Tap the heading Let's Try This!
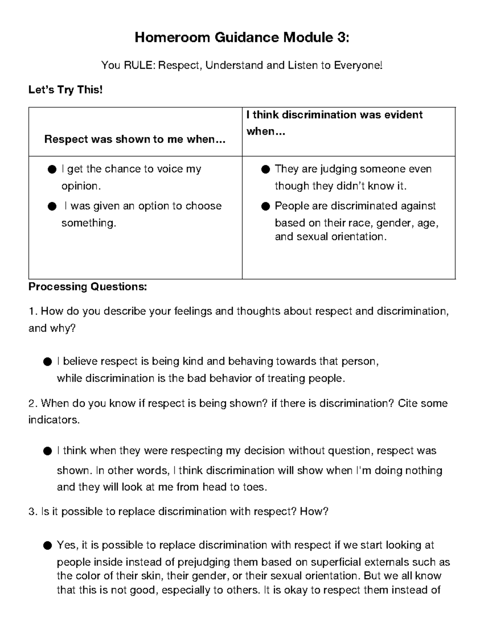(65, 89)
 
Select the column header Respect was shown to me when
(135, 139)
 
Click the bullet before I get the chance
(52, 170)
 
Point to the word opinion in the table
(79, 186)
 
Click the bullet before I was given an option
(52, 207)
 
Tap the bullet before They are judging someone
(265, 170)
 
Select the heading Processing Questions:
(88, 287)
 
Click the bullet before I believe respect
(47, 362)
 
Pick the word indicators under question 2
(53, 420)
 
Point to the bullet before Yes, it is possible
(47, 546)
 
